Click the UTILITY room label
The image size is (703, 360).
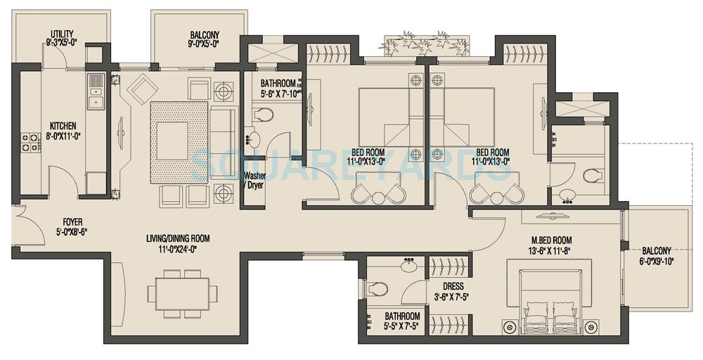pyautogui.click(x=62, y=34)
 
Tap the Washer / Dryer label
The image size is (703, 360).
pyautogui.click(x=254, y=181)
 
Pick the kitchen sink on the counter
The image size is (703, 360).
pyautogui.click(x=95, y=91)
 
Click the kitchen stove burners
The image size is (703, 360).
pyautogui.click(x=30, y=143)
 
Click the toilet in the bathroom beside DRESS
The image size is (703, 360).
pyautogui.click(x=377, y=288)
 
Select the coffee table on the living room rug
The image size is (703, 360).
pyautogui.click(x=172, y=141)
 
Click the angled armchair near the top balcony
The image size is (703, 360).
pyautogui.click(x=146, y=89)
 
